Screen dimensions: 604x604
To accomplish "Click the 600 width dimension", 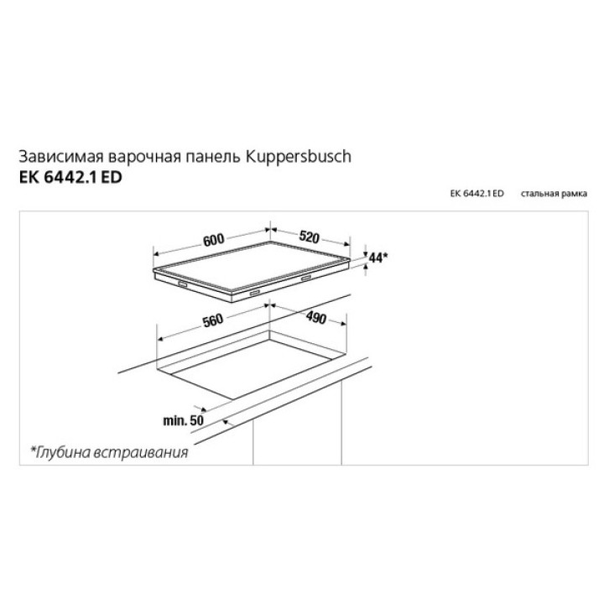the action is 213,240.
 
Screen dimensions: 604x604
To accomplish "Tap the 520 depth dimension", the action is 310,237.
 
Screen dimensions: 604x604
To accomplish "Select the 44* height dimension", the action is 377,258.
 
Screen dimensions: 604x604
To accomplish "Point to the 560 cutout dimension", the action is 213,320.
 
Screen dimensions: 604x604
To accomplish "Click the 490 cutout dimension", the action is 316,318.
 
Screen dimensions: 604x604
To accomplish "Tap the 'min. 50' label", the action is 183,420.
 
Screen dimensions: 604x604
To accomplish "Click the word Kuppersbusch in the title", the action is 299,157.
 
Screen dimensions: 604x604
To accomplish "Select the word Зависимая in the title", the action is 61,157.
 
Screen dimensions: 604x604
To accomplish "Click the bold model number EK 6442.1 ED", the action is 70,178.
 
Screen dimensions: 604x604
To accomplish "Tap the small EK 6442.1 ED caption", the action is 476,194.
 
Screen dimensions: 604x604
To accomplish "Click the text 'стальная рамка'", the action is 554,194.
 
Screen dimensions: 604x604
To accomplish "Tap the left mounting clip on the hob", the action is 182,284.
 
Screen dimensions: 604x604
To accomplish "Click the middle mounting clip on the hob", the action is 255,294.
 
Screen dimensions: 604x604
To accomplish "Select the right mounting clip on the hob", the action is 307,278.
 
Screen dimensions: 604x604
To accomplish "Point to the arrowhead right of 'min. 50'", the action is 226,423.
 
